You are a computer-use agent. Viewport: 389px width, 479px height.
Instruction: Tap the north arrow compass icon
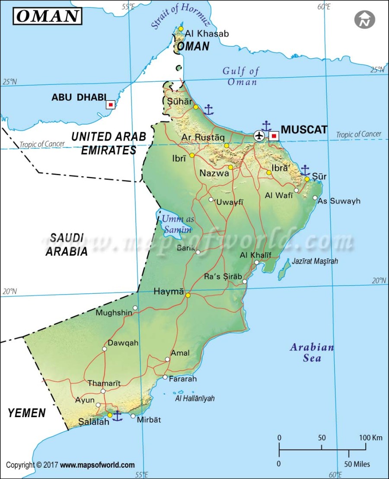[365, 20]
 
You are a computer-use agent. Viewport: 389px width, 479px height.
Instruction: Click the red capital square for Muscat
[274, 136]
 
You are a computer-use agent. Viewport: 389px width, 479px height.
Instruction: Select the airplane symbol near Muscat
[259, 136]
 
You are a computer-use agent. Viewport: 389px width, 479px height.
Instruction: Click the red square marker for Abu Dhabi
[111, 104]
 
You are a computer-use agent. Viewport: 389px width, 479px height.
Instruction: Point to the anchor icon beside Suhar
[209, 110]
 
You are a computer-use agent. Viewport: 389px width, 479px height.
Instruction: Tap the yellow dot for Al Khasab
[181, 29]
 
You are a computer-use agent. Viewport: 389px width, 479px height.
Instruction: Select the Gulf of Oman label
[241, 76]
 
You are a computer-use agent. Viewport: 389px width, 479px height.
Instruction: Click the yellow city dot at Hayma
[188, 296]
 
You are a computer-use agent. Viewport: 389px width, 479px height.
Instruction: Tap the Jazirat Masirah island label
[315, 261]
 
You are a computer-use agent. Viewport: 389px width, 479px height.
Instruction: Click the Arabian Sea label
[312, 352]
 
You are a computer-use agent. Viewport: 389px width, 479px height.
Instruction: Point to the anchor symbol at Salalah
[117, 416]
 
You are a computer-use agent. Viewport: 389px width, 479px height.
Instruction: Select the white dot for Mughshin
[135, 308]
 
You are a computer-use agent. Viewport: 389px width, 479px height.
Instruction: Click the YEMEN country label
[27, 413]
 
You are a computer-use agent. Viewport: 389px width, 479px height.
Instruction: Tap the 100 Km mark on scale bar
[370, 438]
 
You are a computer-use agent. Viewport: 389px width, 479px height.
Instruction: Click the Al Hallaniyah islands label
[194, 399]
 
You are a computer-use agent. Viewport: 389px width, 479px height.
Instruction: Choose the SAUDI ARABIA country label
[67, 244]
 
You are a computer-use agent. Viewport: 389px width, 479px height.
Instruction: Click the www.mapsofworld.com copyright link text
[97, 465]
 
